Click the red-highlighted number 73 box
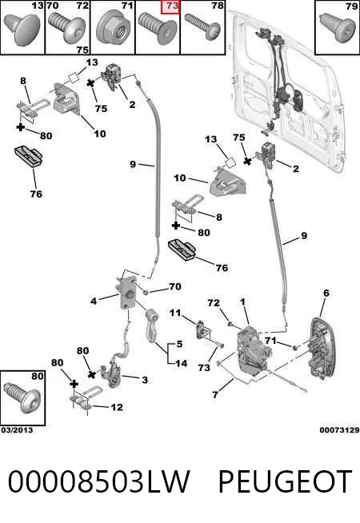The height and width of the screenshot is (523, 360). (170, 7)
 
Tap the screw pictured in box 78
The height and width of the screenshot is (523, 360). (202, 26)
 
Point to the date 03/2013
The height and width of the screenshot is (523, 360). (17, 430)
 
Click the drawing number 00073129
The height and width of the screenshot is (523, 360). (339, 430)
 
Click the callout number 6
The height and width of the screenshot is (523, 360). (326, 293)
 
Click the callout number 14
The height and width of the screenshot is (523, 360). (181, 363)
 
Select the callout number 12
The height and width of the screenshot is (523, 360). (117, 407)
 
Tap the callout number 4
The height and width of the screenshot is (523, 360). (94, 301)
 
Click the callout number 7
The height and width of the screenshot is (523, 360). (215, 394)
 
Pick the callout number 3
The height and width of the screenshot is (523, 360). (145, 380)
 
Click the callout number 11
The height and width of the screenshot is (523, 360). (175, 313)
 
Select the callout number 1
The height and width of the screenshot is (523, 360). (243, 301)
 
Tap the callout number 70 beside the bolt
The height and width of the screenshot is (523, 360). (175, 286)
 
